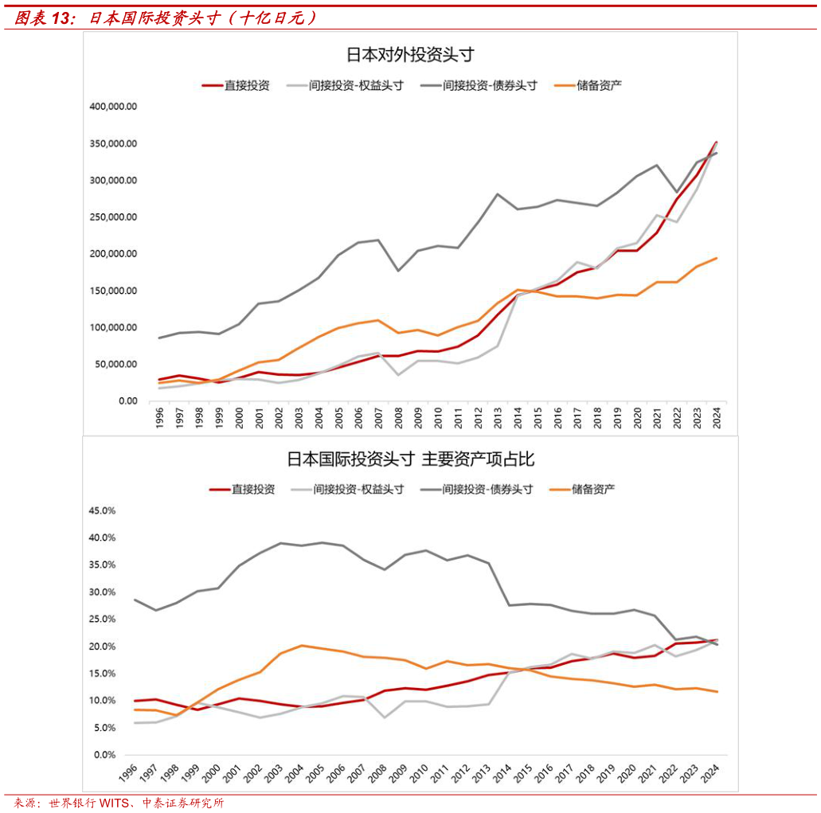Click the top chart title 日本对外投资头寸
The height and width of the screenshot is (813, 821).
click(x=410, y=55)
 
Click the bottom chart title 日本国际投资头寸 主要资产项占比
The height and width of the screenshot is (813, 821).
click(x=410, y=459)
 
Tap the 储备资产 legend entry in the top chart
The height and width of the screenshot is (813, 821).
click(x=599, y=85)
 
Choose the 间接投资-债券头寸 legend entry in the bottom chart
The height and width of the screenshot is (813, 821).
click(x=487, y=490)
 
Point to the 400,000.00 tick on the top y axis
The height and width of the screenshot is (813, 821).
click(x=115, y=107)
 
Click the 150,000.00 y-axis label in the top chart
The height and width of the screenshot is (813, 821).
click(x=115, y=291)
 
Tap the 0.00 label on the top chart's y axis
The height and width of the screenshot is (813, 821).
click(x=127, y=401)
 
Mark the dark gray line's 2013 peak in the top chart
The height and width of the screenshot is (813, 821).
click(x=498, y=193)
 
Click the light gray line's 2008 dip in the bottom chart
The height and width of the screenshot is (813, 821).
click(x=386, y=717)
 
